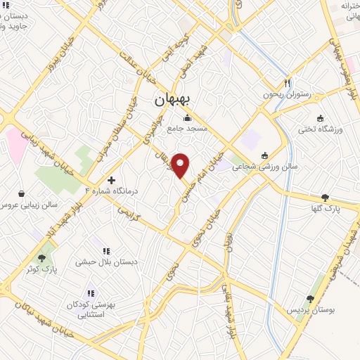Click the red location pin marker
[x=181, y=165]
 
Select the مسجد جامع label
[x=186, y=129]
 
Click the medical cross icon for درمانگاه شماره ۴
[x=111, y=180]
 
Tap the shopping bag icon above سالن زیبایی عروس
[x=21, y=193]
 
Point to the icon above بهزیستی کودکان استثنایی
[x=91, y=293]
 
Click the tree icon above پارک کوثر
[x=47, y=257]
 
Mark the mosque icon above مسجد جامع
[x=188, y=119]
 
